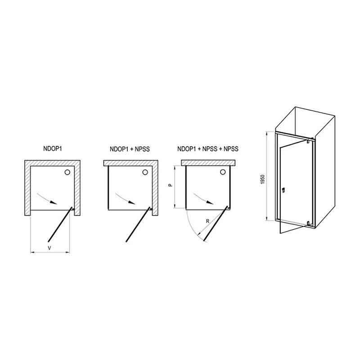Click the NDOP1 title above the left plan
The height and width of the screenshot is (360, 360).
[x=53, y=149]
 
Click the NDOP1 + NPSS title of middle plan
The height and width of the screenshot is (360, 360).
[x=130, y=149]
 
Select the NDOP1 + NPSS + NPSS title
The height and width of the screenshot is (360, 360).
[x=208, y=149]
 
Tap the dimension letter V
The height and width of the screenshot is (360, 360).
[x=49, y=248]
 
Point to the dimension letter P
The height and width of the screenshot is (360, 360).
[x=170, y=184]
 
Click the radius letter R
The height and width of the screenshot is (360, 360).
[x=207, y=221]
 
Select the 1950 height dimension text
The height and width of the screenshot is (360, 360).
[x=263, y=179]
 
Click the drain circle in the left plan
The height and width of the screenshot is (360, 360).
[x=67, y=172]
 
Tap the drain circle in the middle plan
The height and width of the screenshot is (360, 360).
[x=145, y=172]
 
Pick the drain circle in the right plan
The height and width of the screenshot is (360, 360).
[x=223, y=172]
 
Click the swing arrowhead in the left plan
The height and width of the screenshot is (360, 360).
[x=54, y=202]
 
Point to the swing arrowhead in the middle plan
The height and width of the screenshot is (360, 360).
[x=132, y=202]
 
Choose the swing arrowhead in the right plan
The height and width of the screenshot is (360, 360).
[x=210, y=202]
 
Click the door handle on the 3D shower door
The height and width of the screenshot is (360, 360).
[x=283, y=190]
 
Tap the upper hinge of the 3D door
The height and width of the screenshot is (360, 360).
[x=308, y=141]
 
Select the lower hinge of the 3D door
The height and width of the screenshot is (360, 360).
[x=308, y=223]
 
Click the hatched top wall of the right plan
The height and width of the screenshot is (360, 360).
[x=208, y=163]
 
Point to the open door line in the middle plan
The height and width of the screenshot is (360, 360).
[x=138, y=225]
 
